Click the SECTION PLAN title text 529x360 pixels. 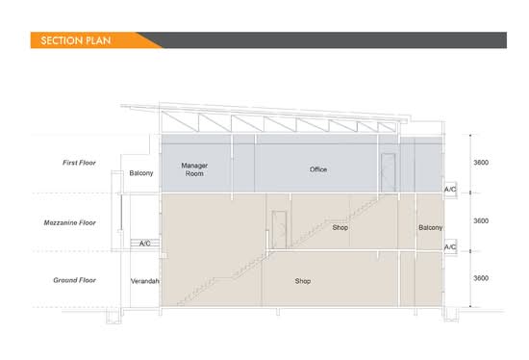click(76, 40)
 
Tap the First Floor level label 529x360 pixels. click(79, 163)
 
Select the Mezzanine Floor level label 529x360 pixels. click(70, 223)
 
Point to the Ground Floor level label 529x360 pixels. click(75, 280)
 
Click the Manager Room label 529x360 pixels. click(194, 169)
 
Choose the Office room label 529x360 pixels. click(318, 169)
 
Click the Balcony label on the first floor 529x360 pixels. click(141, 173)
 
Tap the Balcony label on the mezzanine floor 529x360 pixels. click(431, 227)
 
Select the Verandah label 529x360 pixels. click(144, 281)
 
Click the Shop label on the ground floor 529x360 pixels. click(303, 281)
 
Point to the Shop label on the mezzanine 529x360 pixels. click(340, 227)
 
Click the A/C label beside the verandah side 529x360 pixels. click(144, 244)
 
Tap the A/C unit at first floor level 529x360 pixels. click(450, 190)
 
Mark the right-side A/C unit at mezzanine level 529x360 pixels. click(450, 247)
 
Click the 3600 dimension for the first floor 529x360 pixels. click(481, 163)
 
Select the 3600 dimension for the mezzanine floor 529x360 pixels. click(481, 220)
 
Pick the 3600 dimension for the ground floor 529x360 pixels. click(481, 278)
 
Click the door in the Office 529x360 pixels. click(389, 173)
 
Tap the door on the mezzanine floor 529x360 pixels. click(279, 230)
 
